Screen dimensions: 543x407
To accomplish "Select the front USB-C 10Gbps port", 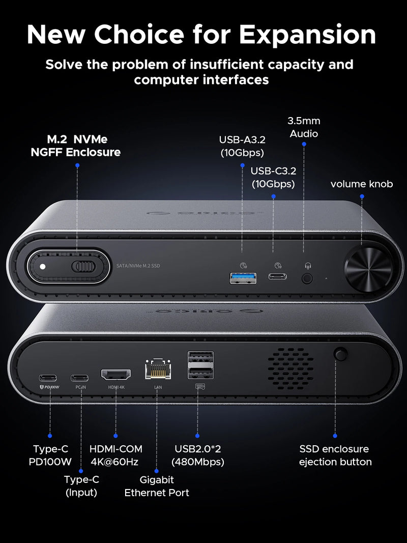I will point(277,277).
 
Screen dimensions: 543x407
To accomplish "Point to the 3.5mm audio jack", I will point(307,278).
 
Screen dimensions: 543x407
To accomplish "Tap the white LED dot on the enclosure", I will point(43,267).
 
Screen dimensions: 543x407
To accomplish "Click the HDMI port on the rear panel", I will point(115,376).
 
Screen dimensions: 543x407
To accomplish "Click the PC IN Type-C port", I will point(79,378).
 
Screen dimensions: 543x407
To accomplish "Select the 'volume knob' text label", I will point(362,184).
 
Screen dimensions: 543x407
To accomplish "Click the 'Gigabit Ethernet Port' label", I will point(157,486).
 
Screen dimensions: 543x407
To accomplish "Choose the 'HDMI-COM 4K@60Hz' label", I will point(116,455).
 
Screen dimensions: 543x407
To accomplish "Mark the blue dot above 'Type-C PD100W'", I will point(50,436).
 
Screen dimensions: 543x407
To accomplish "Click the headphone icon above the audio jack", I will point(307,265).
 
